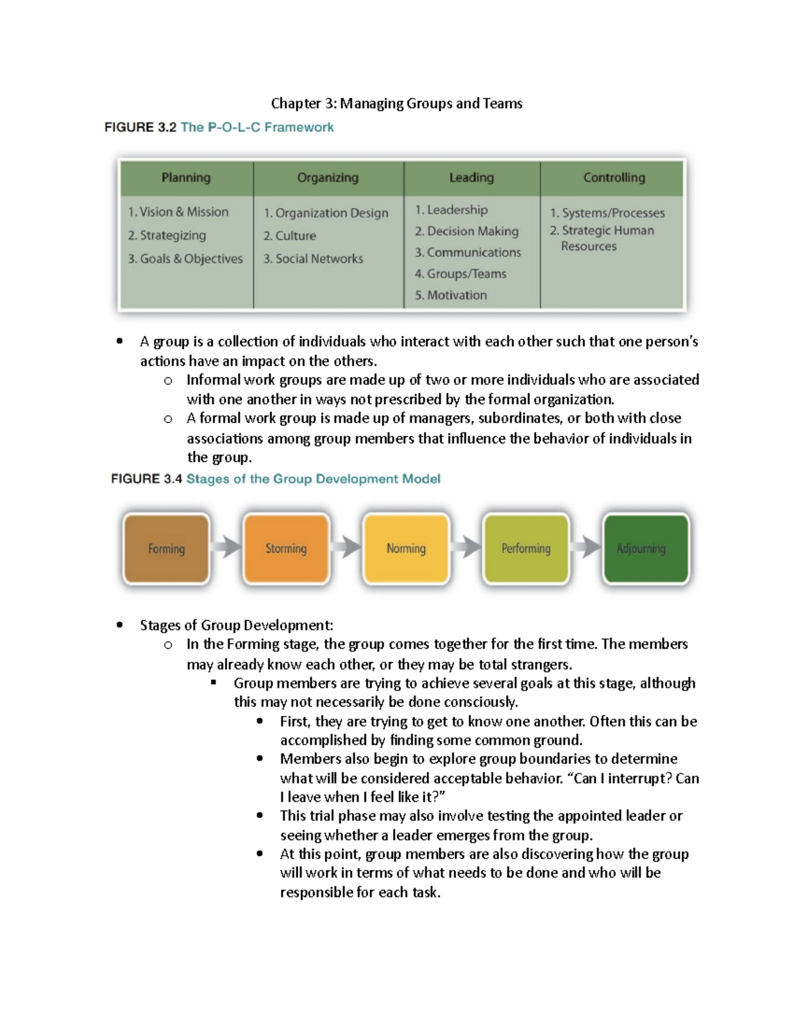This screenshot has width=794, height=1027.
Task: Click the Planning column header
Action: click(186, 178)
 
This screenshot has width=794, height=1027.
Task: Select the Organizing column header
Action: click(328, 178)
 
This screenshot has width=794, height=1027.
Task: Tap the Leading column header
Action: click(471, 178)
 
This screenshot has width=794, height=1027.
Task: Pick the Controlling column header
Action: click(613, 178)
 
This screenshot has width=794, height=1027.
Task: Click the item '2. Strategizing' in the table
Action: click(167, 235)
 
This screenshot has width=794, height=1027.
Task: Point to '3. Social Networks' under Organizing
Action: click(313, 259)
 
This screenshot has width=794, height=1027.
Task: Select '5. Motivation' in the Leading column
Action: click(451, 295)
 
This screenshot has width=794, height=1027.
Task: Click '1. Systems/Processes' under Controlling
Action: click(607, 213)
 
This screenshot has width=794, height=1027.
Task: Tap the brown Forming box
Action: click(166, 549)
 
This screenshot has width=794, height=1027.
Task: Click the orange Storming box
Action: click(286, 549)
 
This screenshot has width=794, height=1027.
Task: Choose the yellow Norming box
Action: click(406, 549)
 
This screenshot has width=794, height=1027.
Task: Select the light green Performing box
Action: click(526, 549)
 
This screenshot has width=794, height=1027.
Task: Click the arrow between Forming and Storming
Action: click(226, 548)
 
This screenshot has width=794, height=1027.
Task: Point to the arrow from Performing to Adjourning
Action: click(586, 548)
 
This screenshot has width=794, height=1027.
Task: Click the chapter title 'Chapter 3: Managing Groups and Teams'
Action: click(396, 104)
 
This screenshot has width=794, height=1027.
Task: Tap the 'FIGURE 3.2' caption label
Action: click(140, 128)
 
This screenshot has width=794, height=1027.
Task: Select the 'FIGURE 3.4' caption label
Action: click(146, 479)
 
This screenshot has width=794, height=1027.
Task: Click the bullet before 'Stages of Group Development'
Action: click(120, 626)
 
